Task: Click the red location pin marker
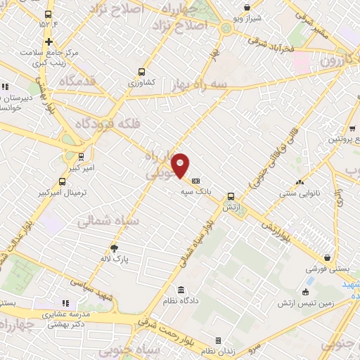click(181, 165)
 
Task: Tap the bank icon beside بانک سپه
click(195, 181)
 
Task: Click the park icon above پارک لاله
click(114, 248)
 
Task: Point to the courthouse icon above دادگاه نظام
click(181, 290)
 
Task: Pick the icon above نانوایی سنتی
click(300, 181)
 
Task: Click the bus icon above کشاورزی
click(142, 72)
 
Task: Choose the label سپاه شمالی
click(106, 221)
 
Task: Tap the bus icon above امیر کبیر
click(82, 157)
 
